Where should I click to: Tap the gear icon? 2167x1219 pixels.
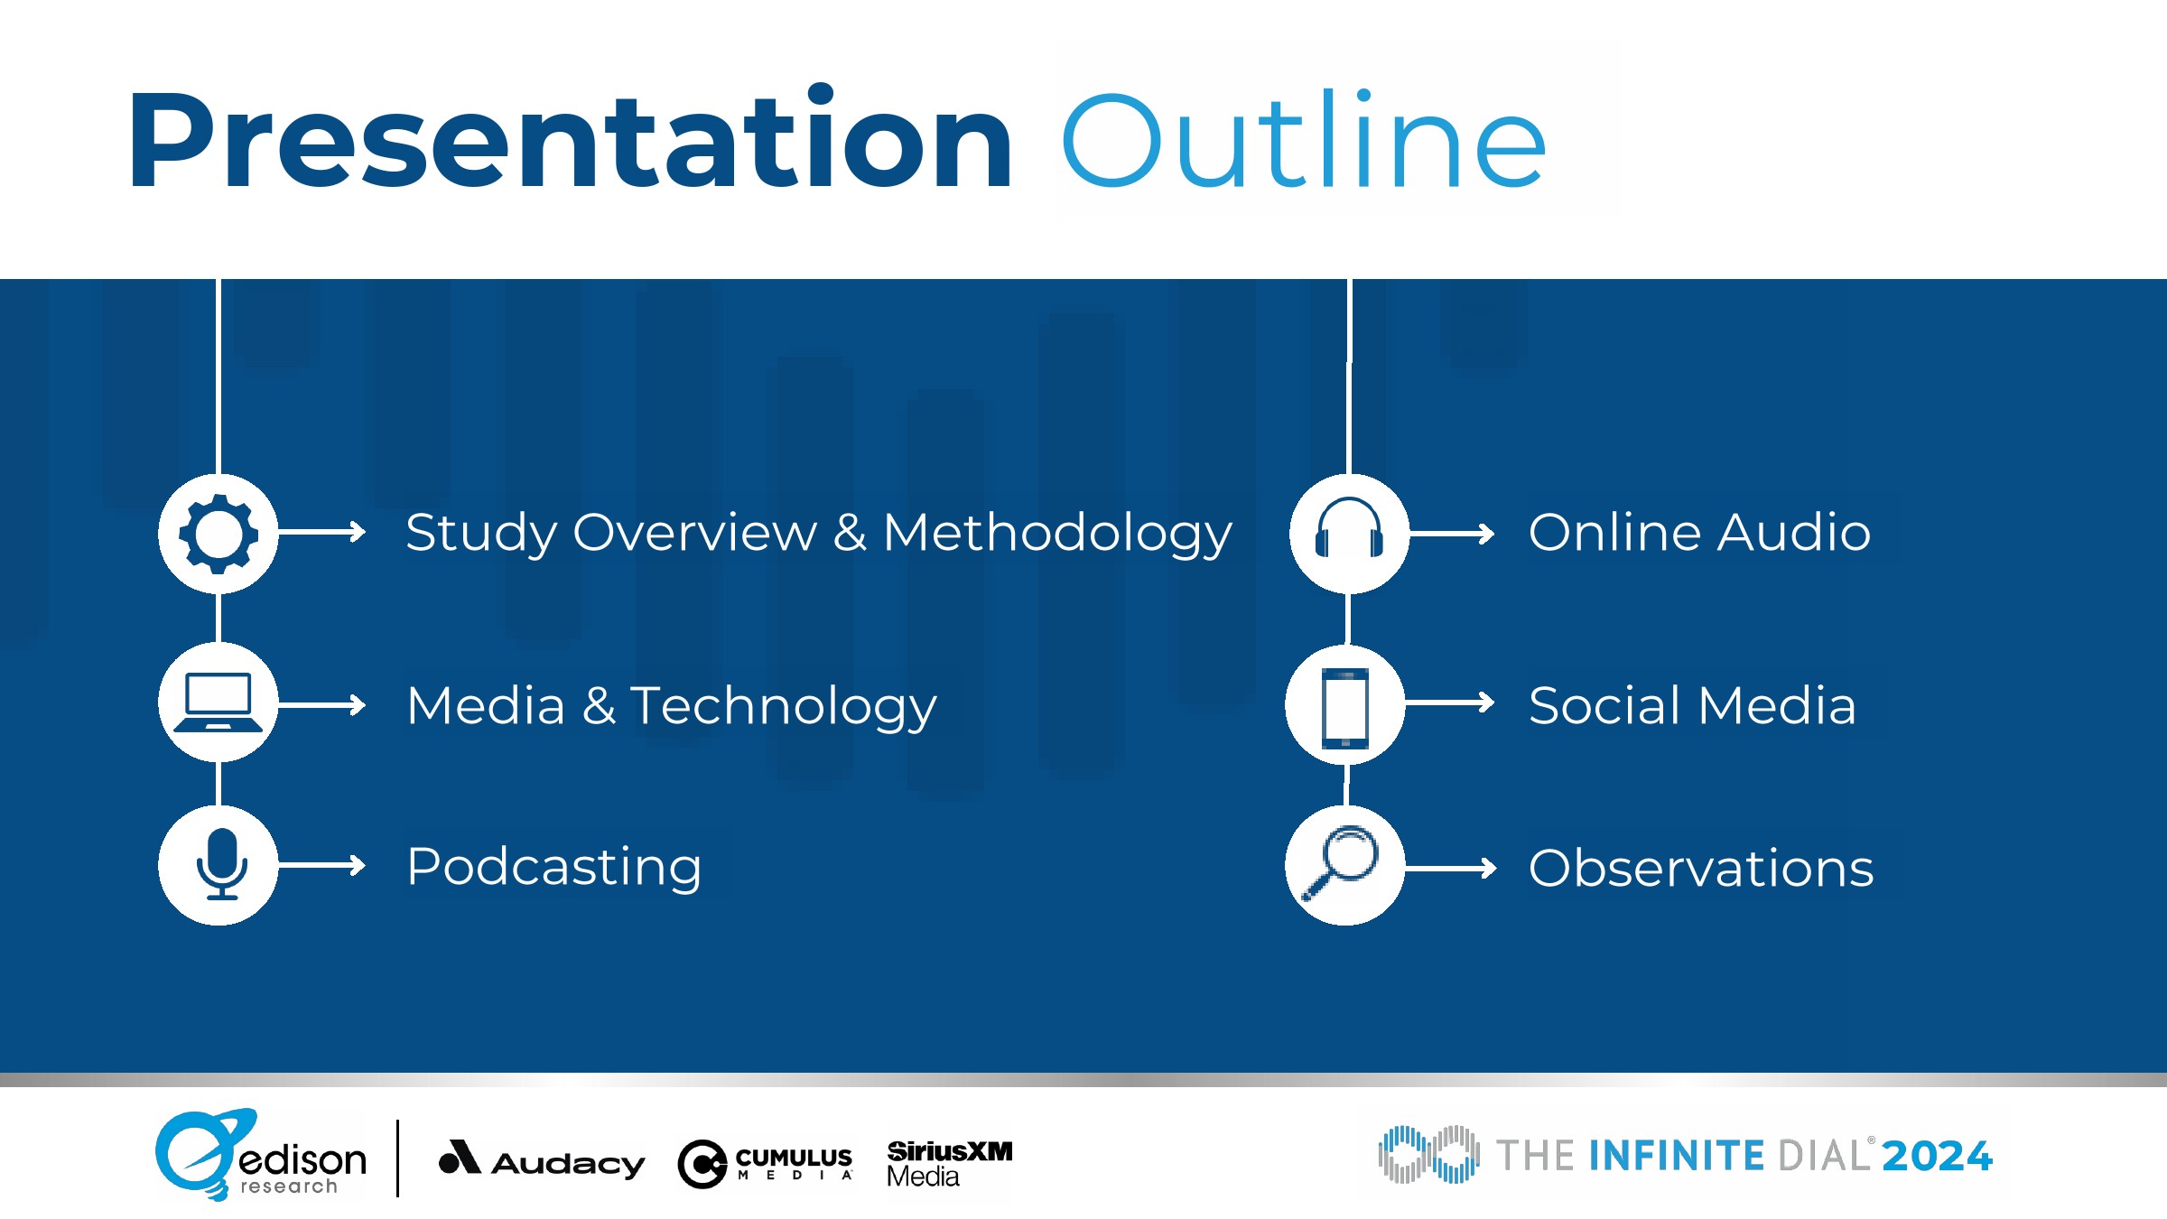click(x=219, y=534)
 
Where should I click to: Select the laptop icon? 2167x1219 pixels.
click(x=219, y=703)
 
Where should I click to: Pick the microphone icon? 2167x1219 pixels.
click(x=221, y=864)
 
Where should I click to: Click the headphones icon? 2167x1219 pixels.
click(x=1349, y=527)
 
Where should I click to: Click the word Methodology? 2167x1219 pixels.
click(x=1057, y=533)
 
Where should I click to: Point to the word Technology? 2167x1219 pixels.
click(x=784, y=706)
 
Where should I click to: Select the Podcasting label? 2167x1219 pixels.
click(x=554, y=868)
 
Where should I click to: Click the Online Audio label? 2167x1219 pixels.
click(x=1699, y=531)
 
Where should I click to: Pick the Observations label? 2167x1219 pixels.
click(x=1701, y=868)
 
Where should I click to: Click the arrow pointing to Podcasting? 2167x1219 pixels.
click(x=321, y=866)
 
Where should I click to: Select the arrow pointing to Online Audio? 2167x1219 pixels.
click(x=1452, y=534)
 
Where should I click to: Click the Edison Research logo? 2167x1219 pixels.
click(x=261, y=1155)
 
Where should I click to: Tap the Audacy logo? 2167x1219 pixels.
click(x=542, y=1159)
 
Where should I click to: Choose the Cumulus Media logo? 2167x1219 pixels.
click(x=765, y=1164)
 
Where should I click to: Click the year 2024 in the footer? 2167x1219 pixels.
click(x=1937, y=1156)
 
